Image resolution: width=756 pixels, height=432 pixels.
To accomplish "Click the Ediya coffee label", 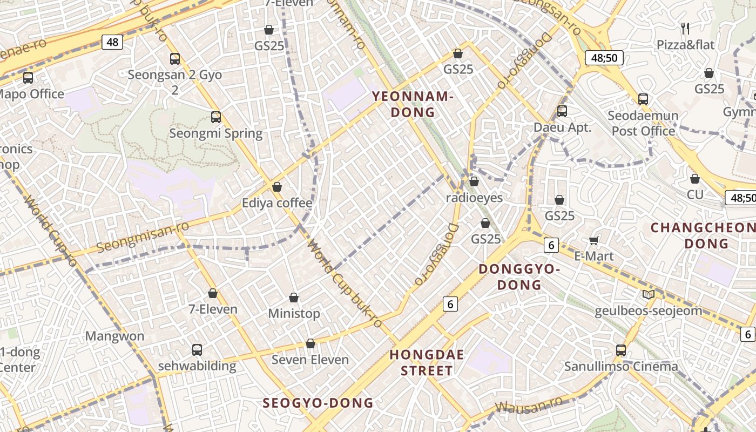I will pos(277,203).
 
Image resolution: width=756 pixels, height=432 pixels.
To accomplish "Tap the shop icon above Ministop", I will pos(294,298).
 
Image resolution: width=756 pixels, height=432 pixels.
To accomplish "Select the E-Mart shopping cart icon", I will pos(594,240).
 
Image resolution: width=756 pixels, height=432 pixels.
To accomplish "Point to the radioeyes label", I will pos(474,198).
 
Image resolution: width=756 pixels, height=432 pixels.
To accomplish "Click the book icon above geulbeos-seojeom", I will pos(649,295).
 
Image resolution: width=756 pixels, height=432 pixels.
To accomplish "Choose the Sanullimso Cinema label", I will pos(621,367).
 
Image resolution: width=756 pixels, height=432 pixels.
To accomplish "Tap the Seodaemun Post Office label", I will pos(643,123).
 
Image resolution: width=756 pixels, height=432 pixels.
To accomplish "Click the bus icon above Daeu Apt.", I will pos(562,111).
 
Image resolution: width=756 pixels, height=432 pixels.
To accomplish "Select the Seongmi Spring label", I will pos(216,133).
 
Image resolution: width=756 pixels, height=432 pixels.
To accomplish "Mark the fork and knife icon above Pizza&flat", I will pos(685,28).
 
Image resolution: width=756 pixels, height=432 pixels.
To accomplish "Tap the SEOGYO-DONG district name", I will pos(318,403).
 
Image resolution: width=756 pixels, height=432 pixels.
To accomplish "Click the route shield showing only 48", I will pos(112,42).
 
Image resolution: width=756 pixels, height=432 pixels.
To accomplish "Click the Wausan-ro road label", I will pos(529,404).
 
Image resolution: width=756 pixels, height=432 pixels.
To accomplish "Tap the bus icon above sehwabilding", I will pos(197,350).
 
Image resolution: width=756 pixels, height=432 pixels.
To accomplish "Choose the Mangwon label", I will pos(114,336).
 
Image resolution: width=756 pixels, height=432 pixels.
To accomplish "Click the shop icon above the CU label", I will pos(695,179).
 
